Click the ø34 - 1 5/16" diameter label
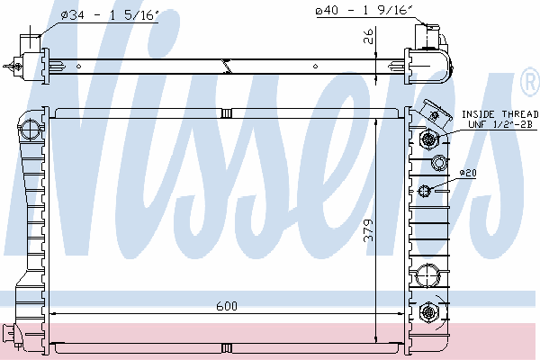pos(110,15)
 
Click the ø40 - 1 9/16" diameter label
pos(364,10)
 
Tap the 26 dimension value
pos(368,36)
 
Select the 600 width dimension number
pos(227,306)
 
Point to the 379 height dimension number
pos(368,230)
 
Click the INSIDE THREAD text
pos(499,114)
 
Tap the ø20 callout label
pos(468,173)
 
